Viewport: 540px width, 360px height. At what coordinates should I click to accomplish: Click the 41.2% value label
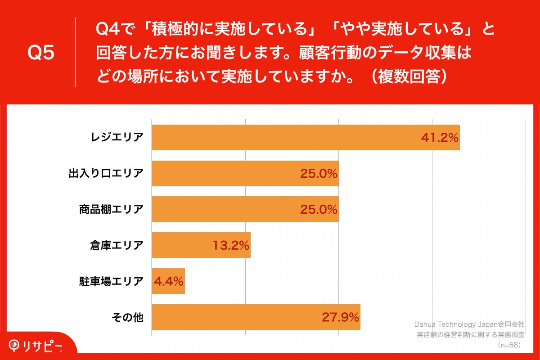[439, 137]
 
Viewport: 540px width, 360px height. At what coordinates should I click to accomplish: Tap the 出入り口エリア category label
[106, 173]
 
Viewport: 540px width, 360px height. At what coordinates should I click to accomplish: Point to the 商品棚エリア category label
[111, 209]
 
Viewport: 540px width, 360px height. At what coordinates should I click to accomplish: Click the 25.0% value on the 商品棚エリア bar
[319, 209]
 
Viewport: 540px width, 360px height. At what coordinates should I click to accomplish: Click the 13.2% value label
[230, 245]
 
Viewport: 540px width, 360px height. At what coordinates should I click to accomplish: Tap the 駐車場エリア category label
[111, 281]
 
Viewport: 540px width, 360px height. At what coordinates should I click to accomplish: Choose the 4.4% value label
[168, 281]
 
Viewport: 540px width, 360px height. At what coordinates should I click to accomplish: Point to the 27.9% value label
[340, 317]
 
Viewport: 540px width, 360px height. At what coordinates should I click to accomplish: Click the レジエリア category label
[117, 137]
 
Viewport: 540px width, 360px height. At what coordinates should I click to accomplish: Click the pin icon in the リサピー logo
[15, 345]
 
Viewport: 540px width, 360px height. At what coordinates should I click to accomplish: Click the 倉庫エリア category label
[117, 245]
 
